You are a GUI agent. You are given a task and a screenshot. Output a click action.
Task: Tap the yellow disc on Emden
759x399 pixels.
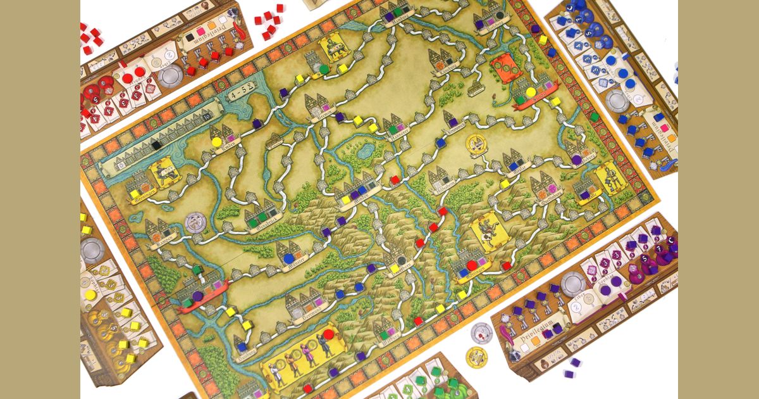click(216, 142)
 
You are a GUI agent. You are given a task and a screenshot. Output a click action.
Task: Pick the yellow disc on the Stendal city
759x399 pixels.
click(530, 92)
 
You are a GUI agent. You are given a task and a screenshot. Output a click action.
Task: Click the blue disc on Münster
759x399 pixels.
click(288, 258)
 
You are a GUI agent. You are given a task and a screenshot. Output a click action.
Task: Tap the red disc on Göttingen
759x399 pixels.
click(472, 265)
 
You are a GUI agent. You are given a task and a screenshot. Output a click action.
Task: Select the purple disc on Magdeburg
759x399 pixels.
click(577, 160)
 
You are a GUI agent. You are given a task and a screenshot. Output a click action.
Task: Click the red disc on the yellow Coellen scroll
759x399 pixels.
click(328, 334)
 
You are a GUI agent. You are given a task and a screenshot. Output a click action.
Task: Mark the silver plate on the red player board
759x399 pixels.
click(170, 76)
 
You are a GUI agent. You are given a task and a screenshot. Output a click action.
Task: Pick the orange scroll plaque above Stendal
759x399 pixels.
click(507, 66)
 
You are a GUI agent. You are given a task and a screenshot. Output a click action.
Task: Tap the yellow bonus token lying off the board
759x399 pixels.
click(476, 356)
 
